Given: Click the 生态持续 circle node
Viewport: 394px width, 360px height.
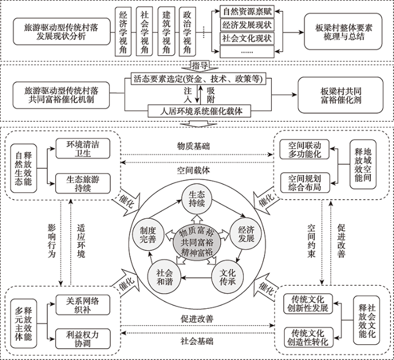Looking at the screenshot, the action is [x=197, y=199].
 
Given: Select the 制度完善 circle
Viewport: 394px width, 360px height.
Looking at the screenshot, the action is [x=147, y=235].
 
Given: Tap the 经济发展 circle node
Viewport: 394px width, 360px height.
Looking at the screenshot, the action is [x=246, y=234].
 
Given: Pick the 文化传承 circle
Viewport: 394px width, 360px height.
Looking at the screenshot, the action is [x=227, y=277].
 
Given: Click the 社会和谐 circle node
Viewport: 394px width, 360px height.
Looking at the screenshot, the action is [x=164, y=277].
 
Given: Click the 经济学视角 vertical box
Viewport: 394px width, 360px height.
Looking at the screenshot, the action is [x=123, y=31].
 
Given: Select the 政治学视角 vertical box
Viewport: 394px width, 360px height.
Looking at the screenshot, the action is [x=187, y=31].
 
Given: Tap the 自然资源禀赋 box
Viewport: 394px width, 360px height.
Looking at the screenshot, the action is [x=247, y=12].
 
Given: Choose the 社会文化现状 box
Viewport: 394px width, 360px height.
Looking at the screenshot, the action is [x=247, y=38].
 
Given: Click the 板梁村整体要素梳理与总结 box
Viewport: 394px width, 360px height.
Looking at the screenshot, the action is [x=343, y=31].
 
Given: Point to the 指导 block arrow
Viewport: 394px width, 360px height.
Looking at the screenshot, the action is [x=200, y=67].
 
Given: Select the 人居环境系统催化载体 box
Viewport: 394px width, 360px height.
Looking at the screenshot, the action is [x=199, y=111].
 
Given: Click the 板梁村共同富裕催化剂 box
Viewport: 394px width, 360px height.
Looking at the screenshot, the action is [x=341, y=95].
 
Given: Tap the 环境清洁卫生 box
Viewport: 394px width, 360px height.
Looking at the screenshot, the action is [x=83, y=148].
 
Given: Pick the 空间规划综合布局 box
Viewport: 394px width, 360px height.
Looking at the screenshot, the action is [x=305, y=183].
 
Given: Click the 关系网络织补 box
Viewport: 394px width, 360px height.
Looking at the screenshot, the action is [x=83, y=305].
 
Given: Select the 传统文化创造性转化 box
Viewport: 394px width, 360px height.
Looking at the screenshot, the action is [x=308, y=337].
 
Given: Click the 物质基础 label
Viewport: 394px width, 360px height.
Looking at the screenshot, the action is [x=193, y=146].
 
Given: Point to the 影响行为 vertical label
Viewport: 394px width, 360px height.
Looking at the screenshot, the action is [x=52, y=241].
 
